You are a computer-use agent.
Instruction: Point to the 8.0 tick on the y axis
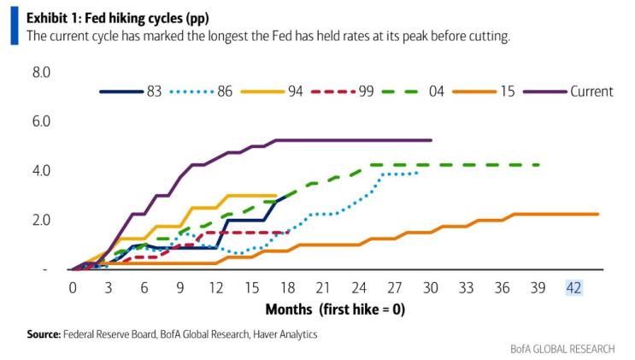pos(42,73)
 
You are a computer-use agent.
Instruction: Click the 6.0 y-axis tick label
pos(42,121)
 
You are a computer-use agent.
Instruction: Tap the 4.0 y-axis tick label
pos(42,171)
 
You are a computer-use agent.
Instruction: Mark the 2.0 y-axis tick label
pos(42,220)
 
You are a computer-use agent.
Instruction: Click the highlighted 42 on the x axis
pos(573,287)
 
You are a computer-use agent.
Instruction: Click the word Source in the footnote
pos(44,334)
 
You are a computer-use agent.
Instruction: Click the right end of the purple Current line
pos(432,140)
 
